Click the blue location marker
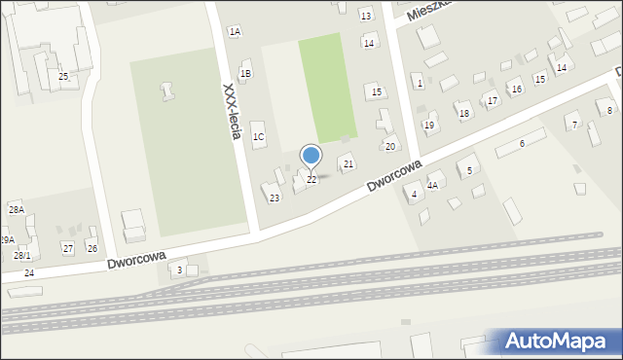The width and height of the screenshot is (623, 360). [311, 156]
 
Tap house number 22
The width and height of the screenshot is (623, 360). [311, 180]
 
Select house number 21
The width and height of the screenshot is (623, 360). [348, 163]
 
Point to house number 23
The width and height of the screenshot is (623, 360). [275, 198]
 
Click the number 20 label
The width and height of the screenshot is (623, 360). [390, 146]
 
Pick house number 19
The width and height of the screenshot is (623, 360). [429, 125]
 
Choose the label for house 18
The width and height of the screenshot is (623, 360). [464, 114]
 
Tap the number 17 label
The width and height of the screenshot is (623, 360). [493, 101]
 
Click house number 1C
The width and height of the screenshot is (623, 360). [258, 137]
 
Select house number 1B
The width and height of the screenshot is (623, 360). [245, 73]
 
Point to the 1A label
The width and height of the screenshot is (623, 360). [235, 32]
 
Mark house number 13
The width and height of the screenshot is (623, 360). [365, 16]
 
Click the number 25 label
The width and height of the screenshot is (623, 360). [63, 76]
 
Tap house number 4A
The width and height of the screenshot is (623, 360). [432, 185]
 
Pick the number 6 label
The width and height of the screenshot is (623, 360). [522, 143]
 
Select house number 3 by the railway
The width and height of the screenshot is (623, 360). [179, 270]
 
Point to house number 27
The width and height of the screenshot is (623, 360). [68, 248]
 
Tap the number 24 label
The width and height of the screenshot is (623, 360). [29, 273]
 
